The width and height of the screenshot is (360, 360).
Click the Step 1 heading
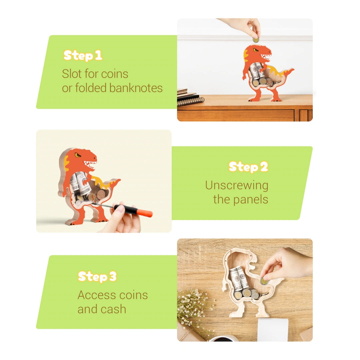point(83,55)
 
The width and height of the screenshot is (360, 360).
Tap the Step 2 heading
point(248,167)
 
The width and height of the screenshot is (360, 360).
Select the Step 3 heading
point(97,276)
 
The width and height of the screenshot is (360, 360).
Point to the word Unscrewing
point(236,185)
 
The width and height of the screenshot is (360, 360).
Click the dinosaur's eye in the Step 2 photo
point(78,155)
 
